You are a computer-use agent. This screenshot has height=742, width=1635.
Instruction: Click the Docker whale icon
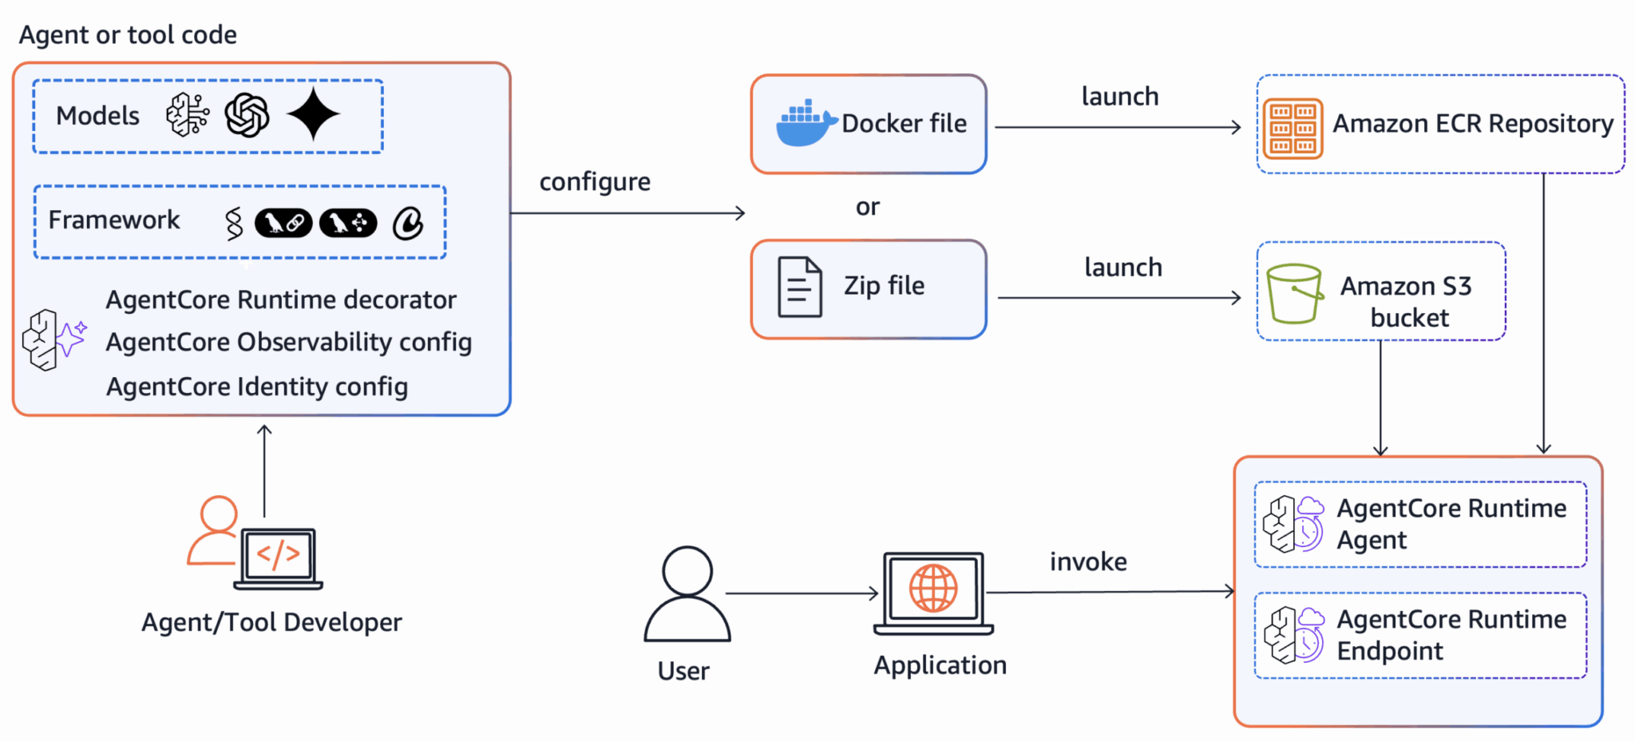(x=805, y=125)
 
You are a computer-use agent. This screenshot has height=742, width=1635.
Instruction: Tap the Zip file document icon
(x=799, y=288)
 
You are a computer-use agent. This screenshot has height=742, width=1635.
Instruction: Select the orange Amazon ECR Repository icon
(x=1293, y=129)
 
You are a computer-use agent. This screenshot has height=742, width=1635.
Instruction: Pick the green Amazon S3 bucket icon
(x=1293, y=293)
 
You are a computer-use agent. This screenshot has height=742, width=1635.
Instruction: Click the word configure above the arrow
(x=595, y=182)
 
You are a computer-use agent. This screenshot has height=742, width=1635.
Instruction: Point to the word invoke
(x=1087, y=561)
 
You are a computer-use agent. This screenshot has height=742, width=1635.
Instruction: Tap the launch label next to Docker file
(x=1119, y=97)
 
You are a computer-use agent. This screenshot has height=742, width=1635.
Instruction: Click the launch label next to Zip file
(x=1122, y=268)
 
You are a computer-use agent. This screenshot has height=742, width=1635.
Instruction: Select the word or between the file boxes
(x=867, y=208)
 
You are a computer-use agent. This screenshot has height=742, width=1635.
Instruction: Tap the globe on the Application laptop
(x=933, y=589)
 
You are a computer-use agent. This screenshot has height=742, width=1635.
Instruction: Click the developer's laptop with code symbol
(x=279, y=557)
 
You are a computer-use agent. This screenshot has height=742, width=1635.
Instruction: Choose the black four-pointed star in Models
(x=314, y=114)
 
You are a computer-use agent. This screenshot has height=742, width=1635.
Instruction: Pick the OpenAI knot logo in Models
(x=247, y=115)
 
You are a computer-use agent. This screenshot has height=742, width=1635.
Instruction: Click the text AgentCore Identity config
(x=257, y=387)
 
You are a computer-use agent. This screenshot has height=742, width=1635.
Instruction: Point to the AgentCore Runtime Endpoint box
(x=1419, y=636)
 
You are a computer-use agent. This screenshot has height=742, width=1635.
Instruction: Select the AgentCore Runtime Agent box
(x=1419, y=525)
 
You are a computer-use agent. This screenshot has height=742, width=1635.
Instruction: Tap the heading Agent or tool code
(x=128, y=35)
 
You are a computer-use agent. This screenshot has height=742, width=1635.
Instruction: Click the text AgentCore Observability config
(x=288, y=342)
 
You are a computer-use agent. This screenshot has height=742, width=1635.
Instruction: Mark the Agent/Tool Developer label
(x=271, y=622)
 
